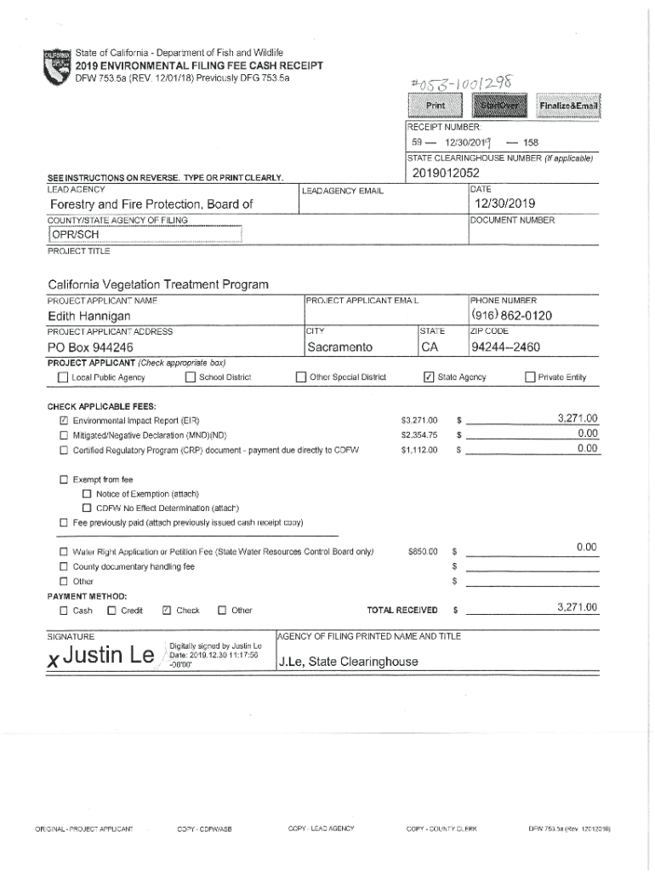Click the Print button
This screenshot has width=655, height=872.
point(435,106)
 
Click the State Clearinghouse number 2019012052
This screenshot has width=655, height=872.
point(441,173)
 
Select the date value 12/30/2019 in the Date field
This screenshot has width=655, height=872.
point(505,204)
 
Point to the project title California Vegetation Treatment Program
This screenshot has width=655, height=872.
point(158,284)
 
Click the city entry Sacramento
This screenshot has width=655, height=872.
point(340,347)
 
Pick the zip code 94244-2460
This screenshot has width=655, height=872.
point(505,347)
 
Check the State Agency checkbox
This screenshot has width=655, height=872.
point(429,377)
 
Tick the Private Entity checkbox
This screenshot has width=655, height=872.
point(530,377)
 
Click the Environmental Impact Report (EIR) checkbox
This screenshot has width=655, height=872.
point(64,421)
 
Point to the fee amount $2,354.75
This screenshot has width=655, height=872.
point(419,434)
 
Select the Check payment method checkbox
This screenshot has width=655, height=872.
point(167,610)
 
